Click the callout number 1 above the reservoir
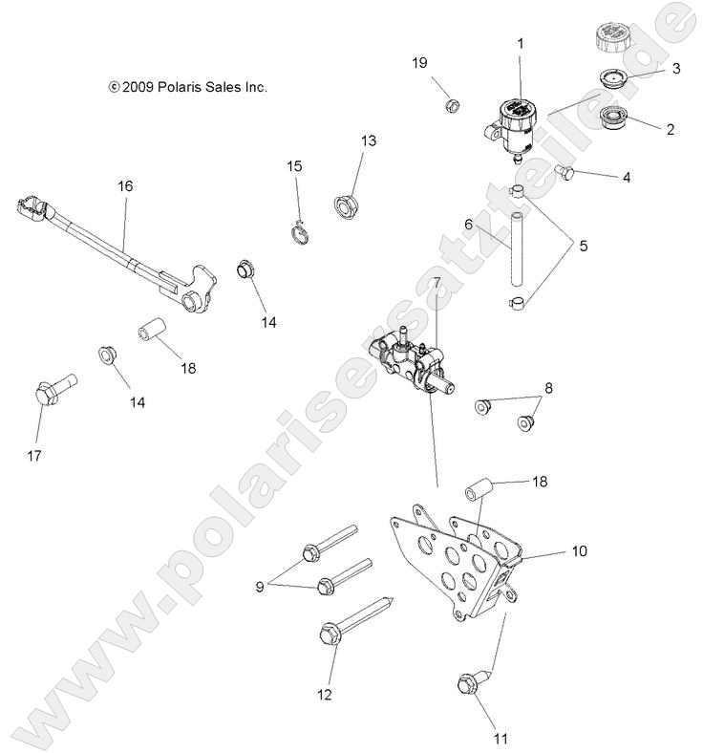(x=521, y=43)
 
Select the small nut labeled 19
(x=453, y=102)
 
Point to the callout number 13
(x=369, y=140)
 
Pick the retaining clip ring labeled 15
(x=300, y=228)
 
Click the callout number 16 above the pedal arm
(x=125, y=186)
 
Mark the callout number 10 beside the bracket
(x=580, y=551)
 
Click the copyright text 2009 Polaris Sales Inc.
(x=187, y=87)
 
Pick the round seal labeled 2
(x=609, y=120)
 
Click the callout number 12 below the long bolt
(x=325, y=695)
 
